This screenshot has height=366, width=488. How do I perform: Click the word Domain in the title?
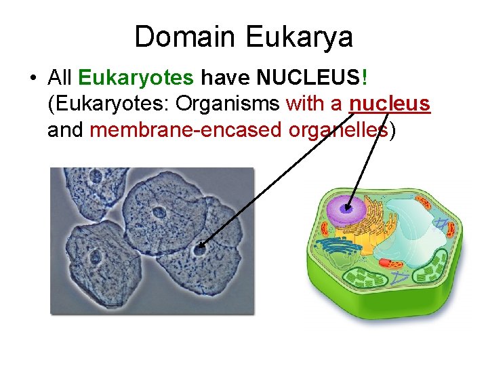pos(177,37)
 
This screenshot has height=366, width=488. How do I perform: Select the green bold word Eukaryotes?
pos(136,78)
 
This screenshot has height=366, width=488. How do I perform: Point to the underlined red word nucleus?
pos(390,104)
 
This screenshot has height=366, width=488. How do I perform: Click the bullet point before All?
pos(33,79)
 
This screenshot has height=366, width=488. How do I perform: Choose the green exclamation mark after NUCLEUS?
pos(365,78)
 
